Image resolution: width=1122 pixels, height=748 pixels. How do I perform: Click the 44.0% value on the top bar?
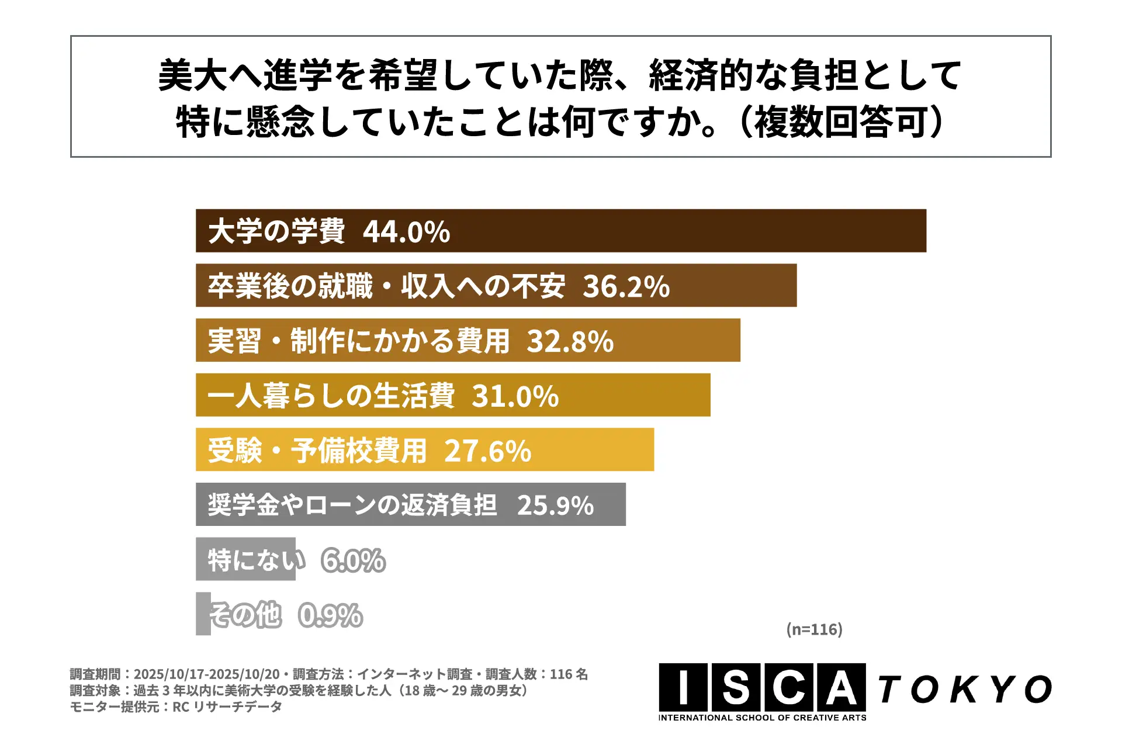tap(406, 231)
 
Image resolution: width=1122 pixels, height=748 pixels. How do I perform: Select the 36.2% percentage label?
tap(626, 286)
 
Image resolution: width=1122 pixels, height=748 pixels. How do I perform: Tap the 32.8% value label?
tap(570, 341)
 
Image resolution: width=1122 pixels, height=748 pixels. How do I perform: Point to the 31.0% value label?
tap(515, 396)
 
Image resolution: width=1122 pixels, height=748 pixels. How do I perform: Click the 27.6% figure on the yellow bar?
tap(487, 451)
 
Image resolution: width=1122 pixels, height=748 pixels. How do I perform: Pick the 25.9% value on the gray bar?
tap(555, 505)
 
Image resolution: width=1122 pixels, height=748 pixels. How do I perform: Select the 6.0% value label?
tap(353, 560)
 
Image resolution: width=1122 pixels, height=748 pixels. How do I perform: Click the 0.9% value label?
tap(330, 615)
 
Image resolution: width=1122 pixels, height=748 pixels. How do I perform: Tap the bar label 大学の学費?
tap(276, 231)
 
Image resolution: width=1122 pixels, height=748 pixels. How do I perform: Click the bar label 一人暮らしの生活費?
tap(331, 396)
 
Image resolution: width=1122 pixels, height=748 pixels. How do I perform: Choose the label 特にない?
tap(256, 560)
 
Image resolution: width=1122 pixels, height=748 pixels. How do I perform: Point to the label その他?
tap(245, 615)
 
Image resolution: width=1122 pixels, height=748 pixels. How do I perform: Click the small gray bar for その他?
tap(203, 614)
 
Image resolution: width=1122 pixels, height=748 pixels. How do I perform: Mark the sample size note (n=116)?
tap(814, 629)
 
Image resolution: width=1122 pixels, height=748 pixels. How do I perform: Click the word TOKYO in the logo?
tap(964, 690)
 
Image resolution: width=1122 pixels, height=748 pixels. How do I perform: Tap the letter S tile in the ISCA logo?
tap(735, 687)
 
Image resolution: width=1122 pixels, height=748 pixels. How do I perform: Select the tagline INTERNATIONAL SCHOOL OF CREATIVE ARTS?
tap(762, 718)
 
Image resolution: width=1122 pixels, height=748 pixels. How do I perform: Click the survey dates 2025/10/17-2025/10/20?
tap(206, 674)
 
